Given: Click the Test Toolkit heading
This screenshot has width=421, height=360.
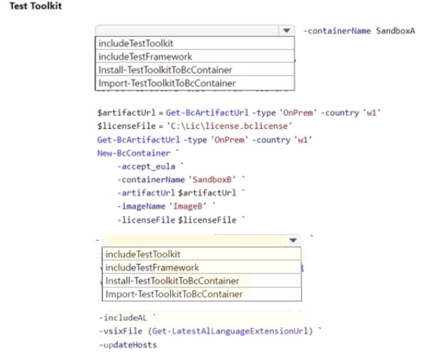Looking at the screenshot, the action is click(x=36, y=6).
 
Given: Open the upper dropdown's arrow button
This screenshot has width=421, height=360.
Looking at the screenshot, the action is click(x=286, y=31).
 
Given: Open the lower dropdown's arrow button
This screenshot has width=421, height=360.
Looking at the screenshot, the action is click(x=293, y=240).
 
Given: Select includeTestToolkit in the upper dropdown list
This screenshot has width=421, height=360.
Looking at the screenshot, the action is click(x=136, y=44).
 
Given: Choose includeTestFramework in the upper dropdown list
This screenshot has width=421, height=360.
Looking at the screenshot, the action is click(x=145, y=57).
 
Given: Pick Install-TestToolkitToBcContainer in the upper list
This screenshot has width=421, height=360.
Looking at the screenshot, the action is click(x=165, y=70).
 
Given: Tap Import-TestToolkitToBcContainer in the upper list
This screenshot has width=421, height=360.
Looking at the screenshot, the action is click(x=167, y=83).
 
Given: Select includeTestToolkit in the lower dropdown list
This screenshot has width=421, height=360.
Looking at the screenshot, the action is click(x=143, y=255).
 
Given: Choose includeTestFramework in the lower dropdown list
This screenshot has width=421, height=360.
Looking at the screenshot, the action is click(x=152, y=268).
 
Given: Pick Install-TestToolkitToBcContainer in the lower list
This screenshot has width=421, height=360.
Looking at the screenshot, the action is click(x=172, y=281).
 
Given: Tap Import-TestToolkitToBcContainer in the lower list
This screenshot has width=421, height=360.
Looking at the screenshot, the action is click(x=174, y=294).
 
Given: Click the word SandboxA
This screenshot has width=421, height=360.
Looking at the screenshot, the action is click(x=396, y=31).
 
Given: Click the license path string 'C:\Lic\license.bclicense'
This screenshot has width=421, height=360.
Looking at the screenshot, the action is click(x=229, y=126).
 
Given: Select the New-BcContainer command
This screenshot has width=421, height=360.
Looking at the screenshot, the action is click(x=134, y=153).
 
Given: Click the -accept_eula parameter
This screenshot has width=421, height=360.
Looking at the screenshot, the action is click(x=146, y=167).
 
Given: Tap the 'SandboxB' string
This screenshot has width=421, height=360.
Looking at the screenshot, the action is click(x=214, y=180).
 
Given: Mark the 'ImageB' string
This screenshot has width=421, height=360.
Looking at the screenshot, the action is click(x=188, y=206).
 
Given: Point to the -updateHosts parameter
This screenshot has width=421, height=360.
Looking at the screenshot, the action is click(x=128, y=345).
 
